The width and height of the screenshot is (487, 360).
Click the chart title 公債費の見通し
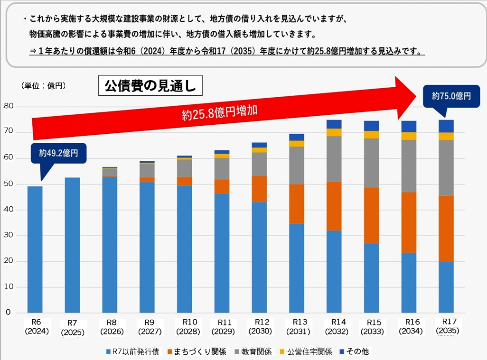(150, 86)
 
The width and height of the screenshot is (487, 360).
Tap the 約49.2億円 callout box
(59, 153)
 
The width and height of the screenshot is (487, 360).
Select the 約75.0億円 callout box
(451, 96)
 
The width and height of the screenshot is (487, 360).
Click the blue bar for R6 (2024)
(35, 249)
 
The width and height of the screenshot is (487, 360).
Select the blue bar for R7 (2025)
(72, 245)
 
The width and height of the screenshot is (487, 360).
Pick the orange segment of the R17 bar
(446, 229)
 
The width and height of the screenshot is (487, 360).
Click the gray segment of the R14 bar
(334, 159)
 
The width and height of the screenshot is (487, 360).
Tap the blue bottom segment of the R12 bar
(259, 257)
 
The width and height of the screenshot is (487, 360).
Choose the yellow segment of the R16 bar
(408, 136)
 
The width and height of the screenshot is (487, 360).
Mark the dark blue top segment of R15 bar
(371, 126)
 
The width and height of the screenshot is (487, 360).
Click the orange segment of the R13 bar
(296, 204)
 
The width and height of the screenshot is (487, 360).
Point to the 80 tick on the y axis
(9, 107)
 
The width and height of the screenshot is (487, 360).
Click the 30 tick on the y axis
(9, 236)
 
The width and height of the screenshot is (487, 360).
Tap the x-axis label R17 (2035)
(446, 326)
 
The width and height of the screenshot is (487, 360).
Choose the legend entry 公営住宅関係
(307, 351)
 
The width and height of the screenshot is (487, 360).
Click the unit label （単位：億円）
(43, 85)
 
